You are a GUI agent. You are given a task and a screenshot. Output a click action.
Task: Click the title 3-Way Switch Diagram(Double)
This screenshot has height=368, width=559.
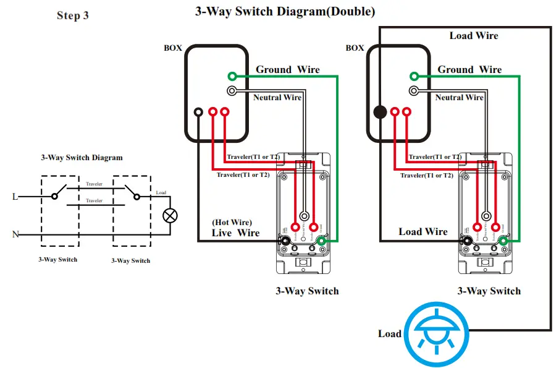[285, 11]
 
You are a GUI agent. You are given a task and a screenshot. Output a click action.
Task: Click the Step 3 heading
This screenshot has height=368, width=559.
[73, 15]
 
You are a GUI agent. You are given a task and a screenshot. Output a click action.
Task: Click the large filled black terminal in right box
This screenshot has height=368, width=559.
[380, 112]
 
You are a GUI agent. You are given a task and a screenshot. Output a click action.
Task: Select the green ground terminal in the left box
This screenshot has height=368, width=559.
[232, 76]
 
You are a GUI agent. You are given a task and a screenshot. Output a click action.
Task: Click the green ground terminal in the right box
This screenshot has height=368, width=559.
[414, 76]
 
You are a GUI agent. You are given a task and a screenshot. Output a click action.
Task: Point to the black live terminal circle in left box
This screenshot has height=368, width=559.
[198, 112]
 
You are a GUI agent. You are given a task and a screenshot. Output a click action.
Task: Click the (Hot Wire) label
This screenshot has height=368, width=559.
[232, 221]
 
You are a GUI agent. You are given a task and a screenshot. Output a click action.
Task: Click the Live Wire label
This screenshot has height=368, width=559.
[235, 233]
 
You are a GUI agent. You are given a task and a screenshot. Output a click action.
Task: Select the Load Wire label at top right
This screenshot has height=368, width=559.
[473, 36]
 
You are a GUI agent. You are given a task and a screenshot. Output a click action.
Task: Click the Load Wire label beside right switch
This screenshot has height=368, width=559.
[422, 231]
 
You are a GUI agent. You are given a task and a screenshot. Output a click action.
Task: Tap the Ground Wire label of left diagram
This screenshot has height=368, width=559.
[288, 69]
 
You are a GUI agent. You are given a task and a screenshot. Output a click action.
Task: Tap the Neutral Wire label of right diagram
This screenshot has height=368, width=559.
[459, 97]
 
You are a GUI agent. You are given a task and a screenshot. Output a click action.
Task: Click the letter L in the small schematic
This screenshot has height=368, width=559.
[14, 197]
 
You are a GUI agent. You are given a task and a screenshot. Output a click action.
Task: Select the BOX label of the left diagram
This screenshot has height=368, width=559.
[173, 48]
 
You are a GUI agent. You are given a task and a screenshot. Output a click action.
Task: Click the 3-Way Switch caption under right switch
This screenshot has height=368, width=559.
[489, 291]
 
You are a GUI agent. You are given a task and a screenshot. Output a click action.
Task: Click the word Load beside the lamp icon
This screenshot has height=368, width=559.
[389, 333]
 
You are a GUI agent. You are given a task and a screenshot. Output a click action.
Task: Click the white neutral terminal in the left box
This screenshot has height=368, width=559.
[232, 91]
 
